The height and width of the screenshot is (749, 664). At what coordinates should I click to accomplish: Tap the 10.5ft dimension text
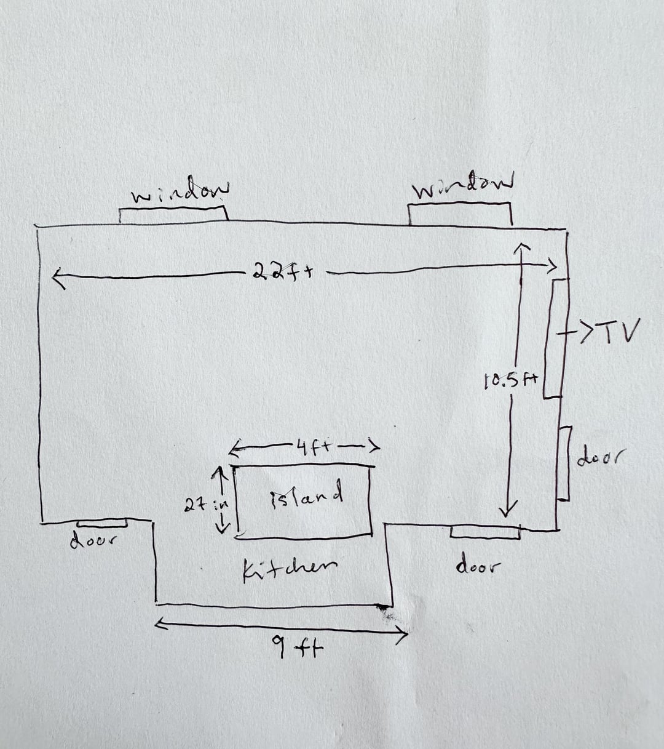coord(511,382)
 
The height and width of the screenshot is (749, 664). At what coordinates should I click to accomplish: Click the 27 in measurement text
coord(207,505)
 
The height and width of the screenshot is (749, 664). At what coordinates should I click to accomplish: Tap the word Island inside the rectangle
coord(307,496)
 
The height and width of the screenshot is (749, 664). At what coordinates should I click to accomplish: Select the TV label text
coord(618,331)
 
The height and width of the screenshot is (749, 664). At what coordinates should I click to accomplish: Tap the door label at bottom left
coord(93,541)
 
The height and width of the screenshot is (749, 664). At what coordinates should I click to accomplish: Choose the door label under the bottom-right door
coord(478,567)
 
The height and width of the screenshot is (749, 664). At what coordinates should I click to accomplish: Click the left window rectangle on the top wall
coord(173,214)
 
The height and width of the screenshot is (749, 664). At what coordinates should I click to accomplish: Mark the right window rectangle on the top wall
coord(460,214)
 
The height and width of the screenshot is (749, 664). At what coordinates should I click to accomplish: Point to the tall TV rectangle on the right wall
coord(555,339)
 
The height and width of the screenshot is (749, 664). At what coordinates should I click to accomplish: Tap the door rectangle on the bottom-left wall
coord(102,523)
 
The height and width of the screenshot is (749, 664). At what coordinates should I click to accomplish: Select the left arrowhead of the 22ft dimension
coord(58,278)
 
